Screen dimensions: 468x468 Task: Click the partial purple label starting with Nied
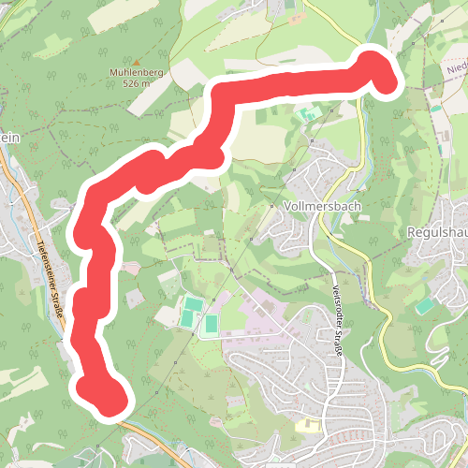pos(456,67)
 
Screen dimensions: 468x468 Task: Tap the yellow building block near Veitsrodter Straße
pos(308,426)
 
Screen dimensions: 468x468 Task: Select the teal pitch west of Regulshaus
pos(425,305)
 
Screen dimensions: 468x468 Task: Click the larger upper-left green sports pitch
pos(191,312)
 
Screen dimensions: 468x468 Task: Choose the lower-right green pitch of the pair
pos(211,325)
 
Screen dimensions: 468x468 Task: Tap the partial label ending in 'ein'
pos(8,137)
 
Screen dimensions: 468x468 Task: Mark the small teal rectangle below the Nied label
pos(436,109)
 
